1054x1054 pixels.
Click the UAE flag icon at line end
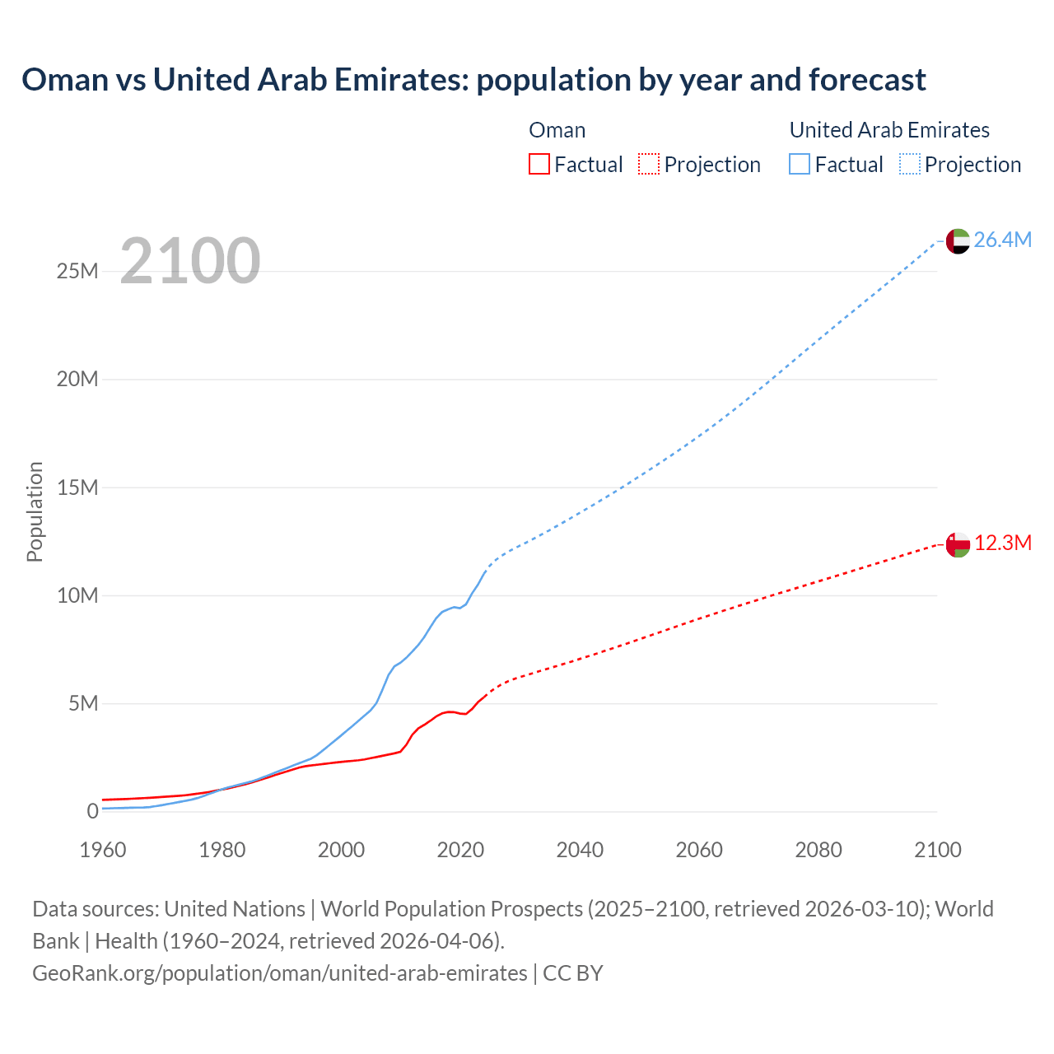coord(958,240)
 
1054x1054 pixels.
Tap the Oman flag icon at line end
coord(958,544)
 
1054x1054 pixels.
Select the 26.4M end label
coord(1002,240)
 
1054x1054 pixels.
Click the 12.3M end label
coord(1002,543)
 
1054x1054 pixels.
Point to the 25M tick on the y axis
coord(77,272)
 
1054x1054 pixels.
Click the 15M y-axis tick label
coord(77,487)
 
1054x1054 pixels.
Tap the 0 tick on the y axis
coord(92,811)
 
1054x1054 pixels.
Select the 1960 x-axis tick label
coord(103,850)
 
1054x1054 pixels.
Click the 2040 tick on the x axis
coord(580,850)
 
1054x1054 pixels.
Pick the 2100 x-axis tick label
coord(937,850)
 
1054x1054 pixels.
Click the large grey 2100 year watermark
coord(190,261)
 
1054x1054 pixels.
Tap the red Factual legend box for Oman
coord(539,165)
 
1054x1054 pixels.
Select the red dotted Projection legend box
coord(649,165)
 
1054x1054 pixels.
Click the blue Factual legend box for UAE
coord(800,165)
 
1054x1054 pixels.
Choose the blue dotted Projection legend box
coord(910,165)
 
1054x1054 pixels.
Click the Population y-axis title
coord(35,511)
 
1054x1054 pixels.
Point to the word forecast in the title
coord(867,80)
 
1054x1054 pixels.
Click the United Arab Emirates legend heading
coord(889,130)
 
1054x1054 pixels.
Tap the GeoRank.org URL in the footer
coord(279,973)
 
